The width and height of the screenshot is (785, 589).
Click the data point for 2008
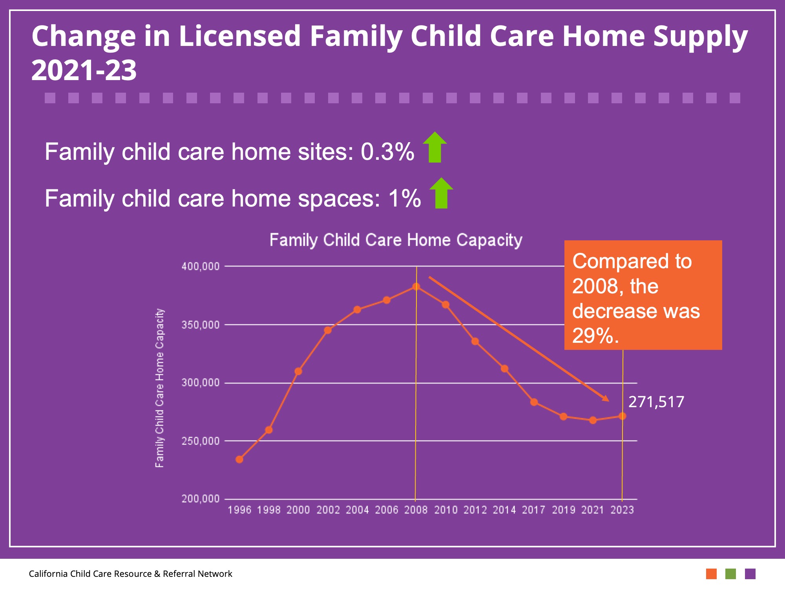click(416, 287)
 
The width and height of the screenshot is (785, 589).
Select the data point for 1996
click(239, 459)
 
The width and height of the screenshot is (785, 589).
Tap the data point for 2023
click(623, 416)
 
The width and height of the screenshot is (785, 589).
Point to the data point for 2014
click(505, 369)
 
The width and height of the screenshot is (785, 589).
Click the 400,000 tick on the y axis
click(201, 267)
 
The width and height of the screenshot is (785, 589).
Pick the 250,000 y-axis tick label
click(201, 441)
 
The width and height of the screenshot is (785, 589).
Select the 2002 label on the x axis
click(328, 510)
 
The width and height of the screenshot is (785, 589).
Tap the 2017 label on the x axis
click(534, 510)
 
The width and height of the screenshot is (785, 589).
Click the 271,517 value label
click(656, 402)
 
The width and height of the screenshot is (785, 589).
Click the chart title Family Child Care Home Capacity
click(396, 240)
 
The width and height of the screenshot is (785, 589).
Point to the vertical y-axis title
click(159, 388)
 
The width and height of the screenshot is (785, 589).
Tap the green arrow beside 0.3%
click(435, 147)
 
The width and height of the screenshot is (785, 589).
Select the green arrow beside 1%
click(442, 193)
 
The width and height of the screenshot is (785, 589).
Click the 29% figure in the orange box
click(595, 336)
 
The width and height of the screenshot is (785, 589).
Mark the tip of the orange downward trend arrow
click(608, 401)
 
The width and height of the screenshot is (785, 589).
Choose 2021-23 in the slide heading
click(84, 71)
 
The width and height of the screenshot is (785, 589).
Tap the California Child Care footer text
click(130, 574)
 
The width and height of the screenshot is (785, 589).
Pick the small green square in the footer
click(730, 574)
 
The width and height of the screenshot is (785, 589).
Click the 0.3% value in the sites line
click(387, 152)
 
